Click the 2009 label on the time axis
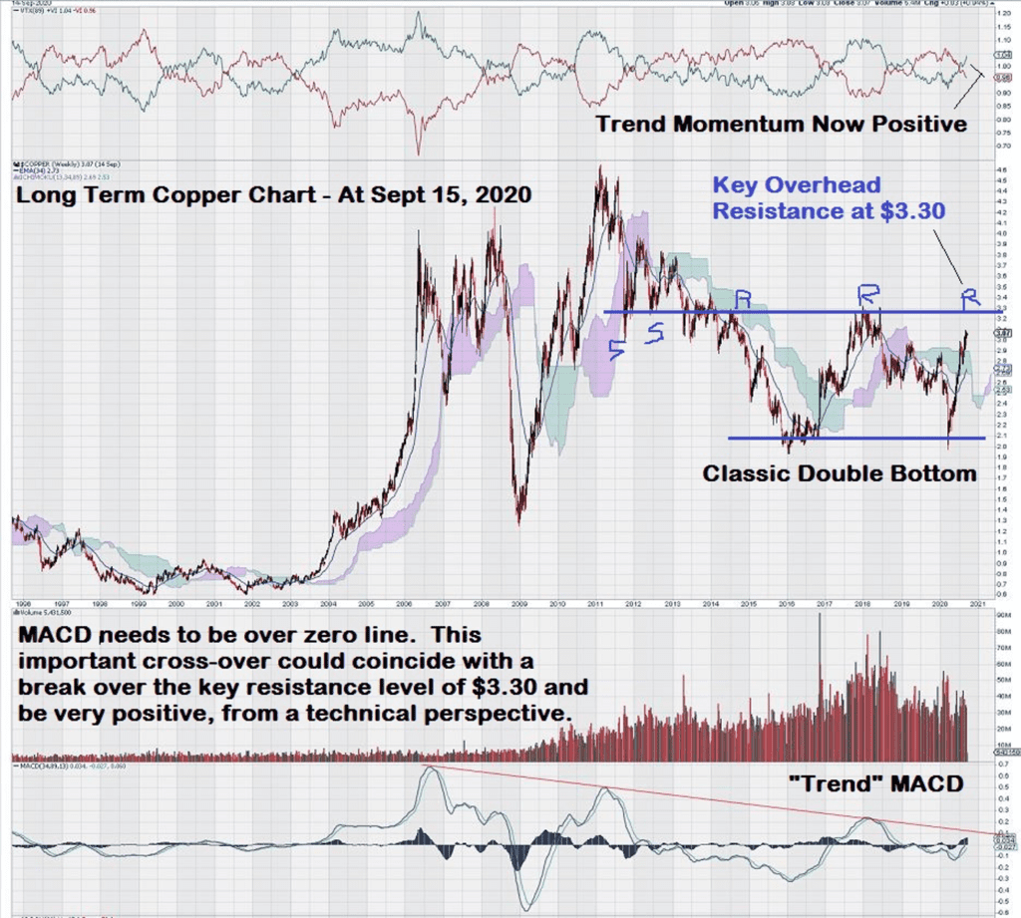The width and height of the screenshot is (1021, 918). [519, 603]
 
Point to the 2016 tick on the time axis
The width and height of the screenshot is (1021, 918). [787, 603]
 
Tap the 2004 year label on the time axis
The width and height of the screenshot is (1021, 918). [328, 603]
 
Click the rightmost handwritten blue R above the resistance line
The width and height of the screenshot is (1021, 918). [970, 297]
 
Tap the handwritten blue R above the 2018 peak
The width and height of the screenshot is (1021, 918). [869, 294]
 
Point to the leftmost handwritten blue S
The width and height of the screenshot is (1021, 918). [617, 348]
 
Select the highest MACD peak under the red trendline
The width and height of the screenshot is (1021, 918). [429, 768]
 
